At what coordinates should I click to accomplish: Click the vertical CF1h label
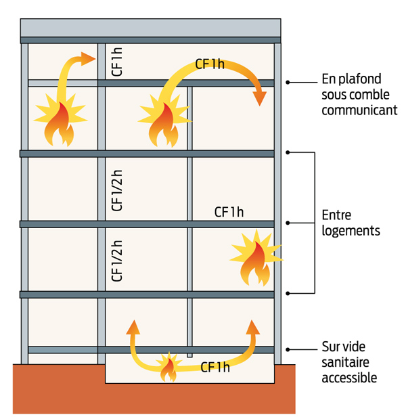pyautogui.click(x=116, y=62)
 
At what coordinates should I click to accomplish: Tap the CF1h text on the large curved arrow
pyautogui.click(x=209, y=64)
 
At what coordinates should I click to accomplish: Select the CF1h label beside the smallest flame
pyautogui.click(x=215, y=368)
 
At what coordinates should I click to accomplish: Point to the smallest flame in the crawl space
pyautogui.click(x=167, y=368)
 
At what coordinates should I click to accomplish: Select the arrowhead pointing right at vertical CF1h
pyautogui.click(x=88, y=58)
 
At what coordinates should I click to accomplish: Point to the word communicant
pyautogui.click(x=359, y=110)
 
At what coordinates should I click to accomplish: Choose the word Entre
pyautogui.click(x=336, y=215)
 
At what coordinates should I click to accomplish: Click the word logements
pyautogui.click(x=351, y=230)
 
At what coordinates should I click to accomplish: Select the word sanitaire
pyautogui.click(x=345, y=363)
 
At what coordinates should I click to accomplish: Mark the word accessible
pyautogui.click(x=349, y=378)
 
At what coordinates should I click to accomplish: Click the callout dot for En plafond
pyautogui.click(x=288, y=83)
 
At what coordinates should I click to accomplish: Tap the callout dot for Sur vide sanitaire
pyautogui.click(x=288, y=349)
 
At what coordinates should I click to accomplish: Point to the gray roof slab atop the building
pyautogui.click(x=150, y=28)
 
